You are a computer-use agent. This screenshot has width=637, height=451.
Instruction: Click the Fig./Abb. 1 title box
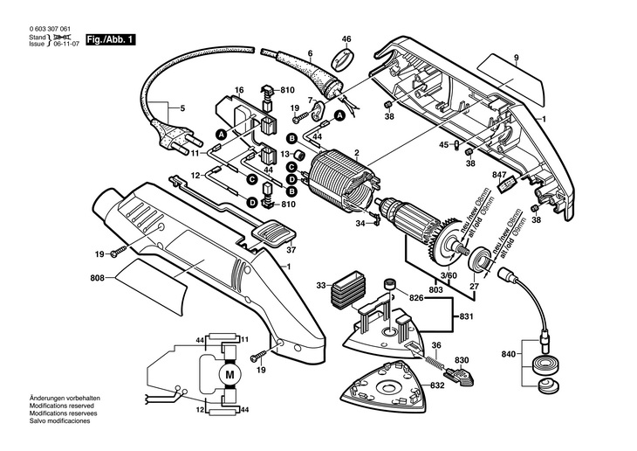coord(113,40)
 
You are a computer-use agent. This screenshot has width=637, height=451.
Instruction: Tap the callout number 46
coord(346,39)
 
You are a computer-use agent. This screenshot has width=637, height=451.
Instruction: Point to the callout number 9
coord(516,59)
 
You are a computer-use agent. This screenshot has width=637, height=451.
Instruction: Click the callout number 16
coord(238,90)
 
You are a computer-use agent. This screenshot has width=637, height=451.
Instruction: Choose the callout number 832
coord(438,385)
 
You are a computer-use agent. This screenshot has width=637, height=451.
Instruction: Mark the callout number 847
coord(499,177)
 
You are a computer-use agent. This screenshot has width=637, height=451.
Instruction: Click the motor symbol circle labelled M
coord(230,373)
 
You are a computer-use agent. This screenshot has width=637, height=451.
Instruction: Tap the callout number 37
coord(291,251)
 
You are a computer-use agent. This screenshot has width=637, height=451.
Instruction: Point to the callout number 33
coord(321,285)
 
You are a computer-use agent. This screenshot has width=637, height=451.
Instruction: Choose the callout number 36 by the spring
coord(436,344)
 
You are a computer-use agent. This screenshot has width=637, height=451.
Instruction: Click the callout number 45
coord(443,145)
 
